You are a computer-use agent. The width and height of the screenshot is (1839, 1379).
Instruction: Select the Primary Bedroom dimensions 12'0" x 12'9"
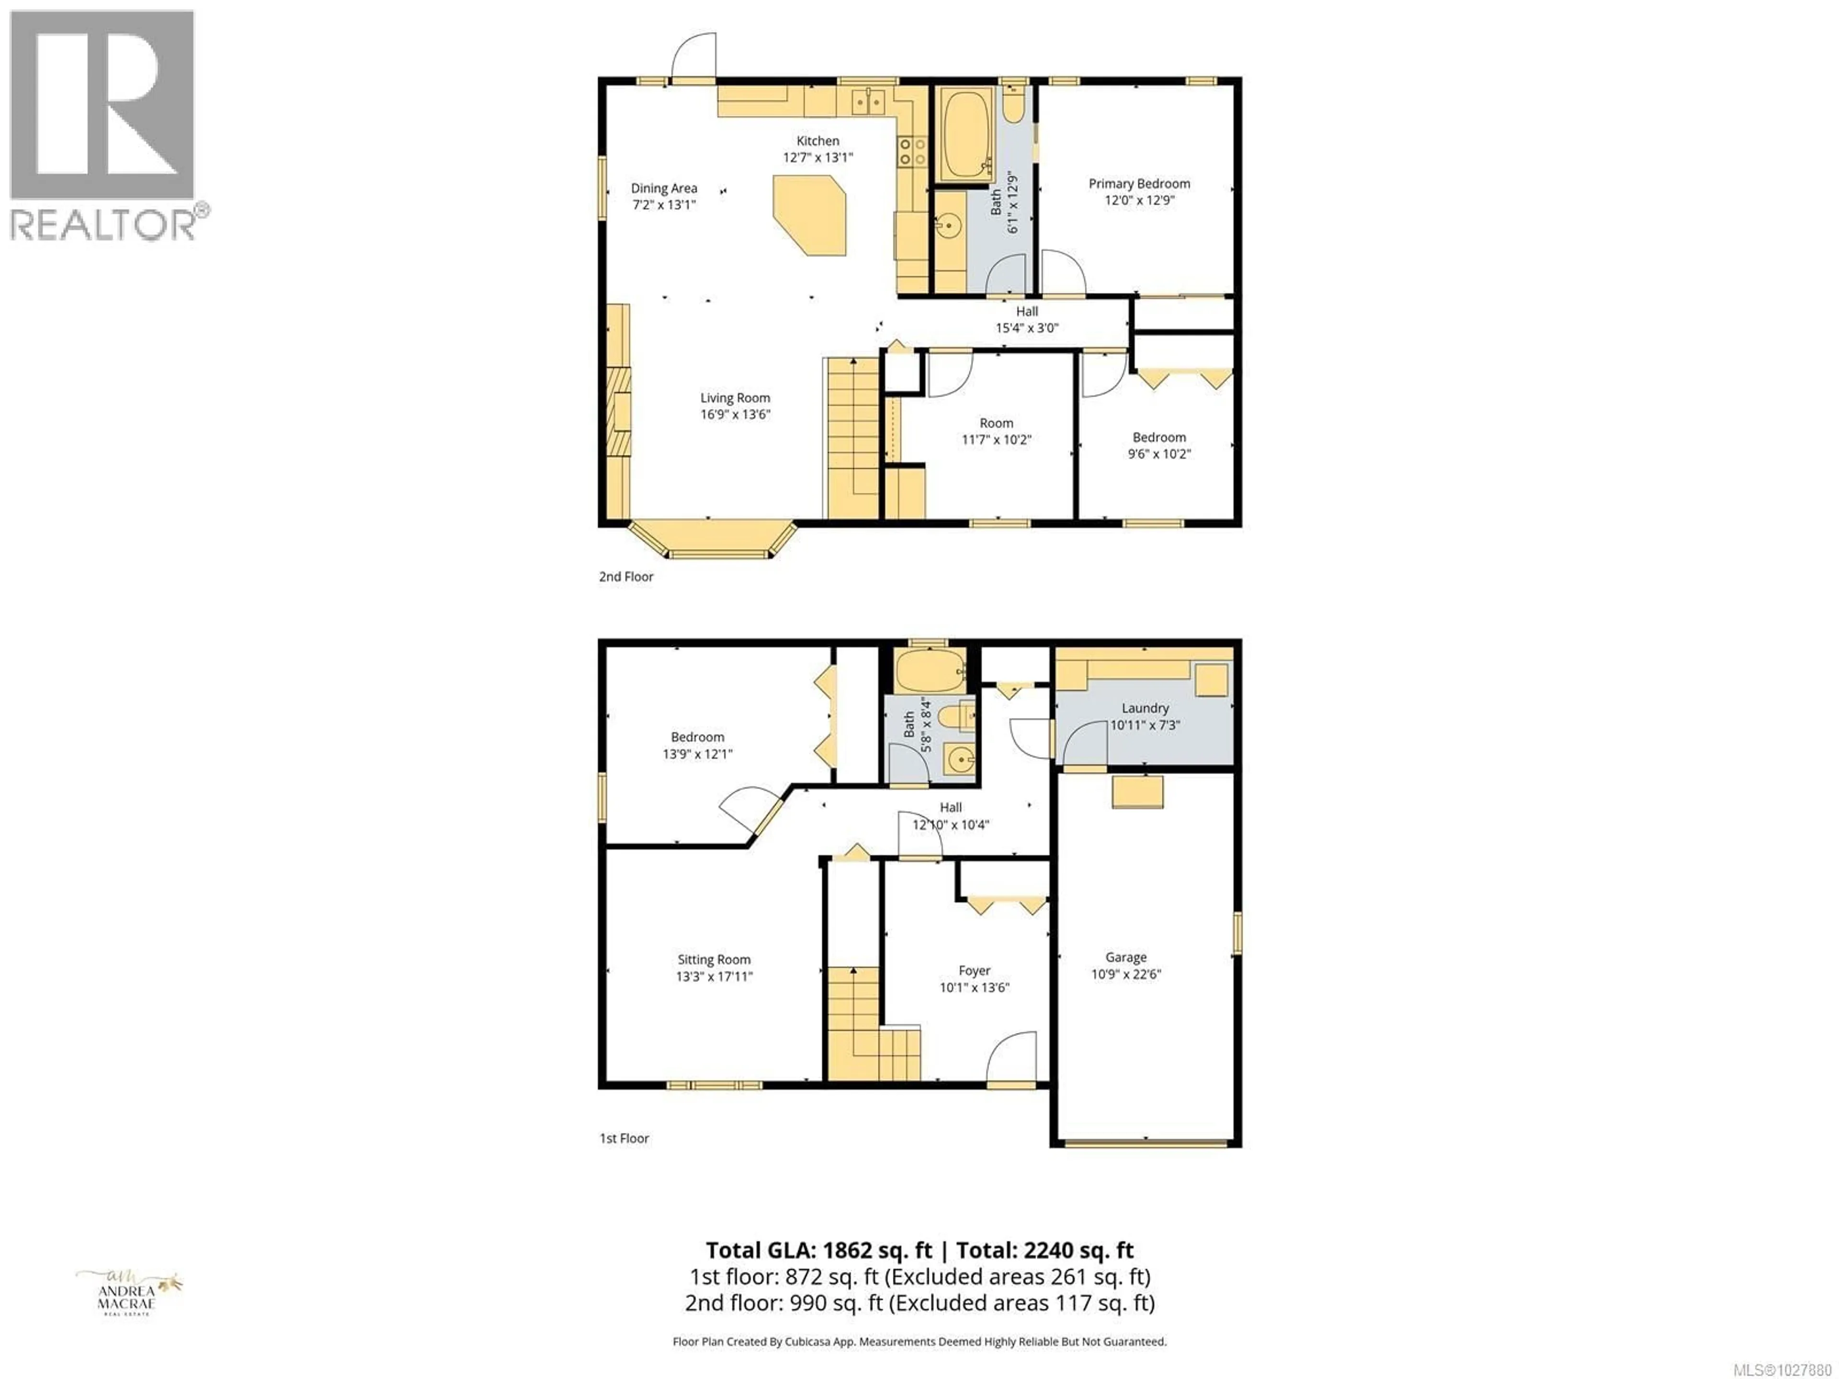(1139, 200)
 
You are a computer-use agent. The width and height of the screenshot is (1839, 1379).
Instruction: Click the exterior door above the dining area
(695, 58)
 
